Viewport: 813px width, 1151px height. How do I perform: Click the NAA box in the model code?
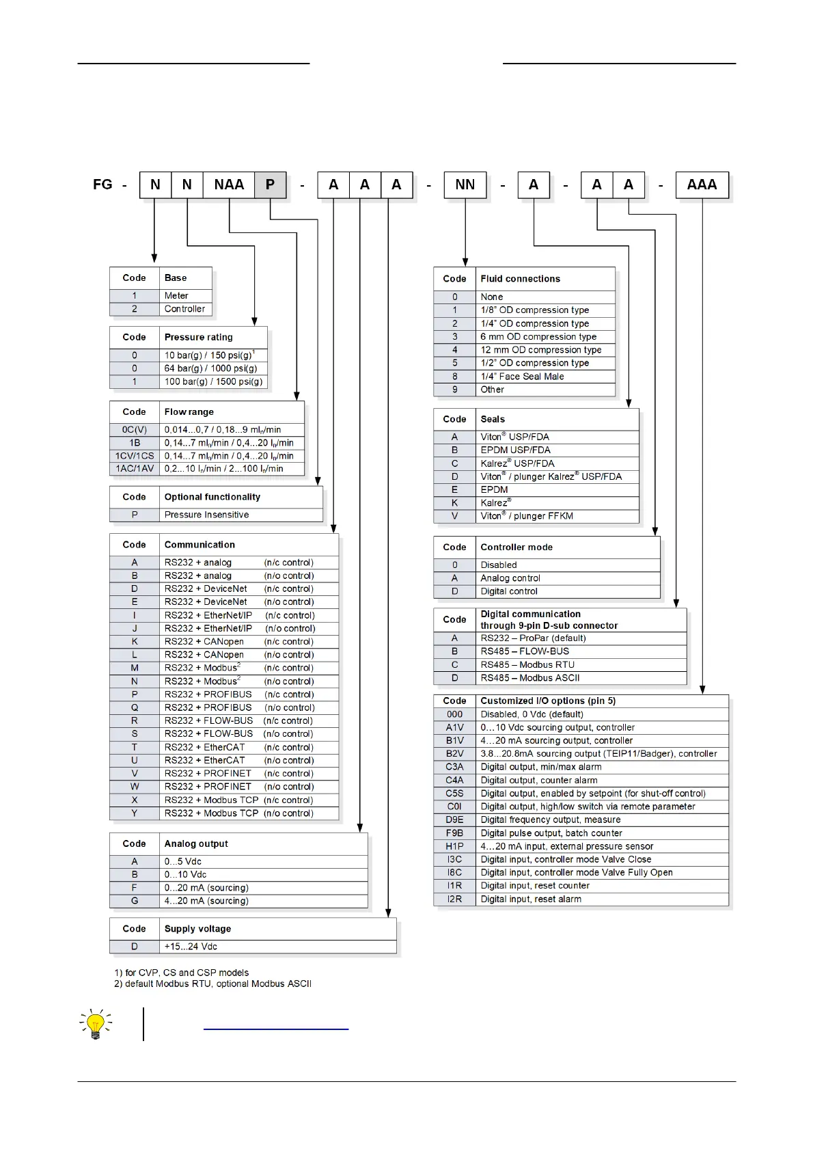[229, 185]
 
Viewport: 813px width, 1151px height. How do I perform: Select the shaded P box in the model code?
[270, 185]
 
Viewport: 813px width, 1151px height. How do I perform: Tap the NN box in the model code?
[465, 185]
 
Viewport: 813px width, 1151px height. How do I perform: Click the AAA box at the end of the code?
[702, 185]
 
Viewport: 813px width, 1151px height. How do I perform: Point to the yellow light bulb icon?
[96, 1024]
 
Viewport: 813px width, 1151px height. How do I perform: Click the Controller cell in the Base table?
[184, 309]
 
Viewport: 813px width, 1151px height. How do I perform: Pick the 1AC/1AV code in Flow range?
[135, 469]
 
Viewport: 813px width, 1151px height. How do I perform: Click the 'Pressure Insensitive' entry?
[206, 515]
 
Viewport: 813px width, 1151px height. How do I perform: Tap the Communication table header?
[199, 545]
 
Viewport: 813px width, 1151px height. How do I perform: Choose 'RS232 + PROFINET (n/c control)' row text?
[238, 774]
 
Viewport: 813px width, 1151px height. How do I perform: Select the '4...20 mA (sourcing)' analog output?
[206, 901]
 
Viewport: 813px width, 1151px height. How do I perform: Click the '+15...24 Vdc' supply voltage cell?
[191, 947]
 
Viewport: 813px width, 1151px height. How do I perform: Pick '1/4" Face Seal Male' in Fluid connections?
[522, 377]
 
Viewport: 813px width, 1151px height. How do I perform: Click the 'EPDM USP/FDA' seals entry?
[515, 450]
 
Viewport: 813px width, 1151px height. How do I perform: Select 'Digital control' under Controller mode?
[509, 592]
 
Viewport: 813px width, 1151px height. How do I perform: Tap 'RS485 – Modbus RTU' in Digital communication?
[527, 665]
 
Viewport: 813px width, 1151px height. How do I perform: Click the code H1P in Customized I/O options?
[454, 846]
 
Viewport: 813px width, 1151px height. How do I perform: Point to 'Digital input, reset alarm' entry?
[531, 899]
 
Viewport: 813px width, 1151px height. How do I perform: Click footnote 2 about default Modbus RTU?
[212, 984]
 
